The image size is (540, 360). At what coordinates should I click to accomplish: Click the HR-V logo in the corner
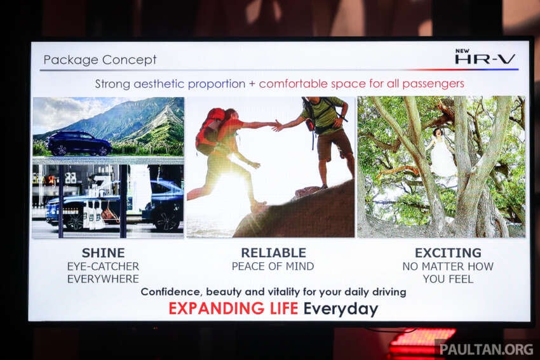pos(485,57)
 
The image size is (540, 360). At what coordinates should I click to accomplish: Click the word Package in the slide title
pos(71,60)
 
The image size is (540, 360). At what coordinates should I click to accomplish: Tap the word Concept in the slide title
pos(129,60)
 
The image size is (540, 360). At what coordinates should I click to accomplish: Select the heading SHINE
pos(104,253)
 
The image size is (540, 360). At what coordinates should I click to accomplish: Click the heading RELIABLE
pos(273,253)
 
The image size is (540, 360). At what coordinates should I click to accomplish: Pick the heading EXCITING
pos(448,253)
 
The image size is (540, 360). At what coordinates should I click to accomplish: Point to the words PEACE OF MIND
pos(273,267)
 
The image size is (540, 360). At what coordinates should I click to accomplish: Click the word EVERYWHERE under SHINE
pos(103,279)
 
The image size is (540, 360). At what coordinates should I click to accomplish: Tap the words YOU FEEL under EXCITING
pos(448,279)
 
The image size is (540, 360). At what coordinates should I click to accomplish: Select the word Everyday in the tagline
pos(341,309)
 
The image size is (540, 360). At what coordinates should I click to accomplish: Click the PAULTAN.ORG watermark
pos(486,349)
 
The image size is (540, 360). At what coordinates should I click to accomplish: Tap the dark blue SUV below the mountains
pos(79,143)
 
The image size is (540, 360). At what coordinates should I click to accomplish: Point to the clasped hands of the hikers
pos(278,126)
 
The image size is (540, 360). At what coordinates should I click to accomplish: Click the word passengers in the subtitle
pos(433,84)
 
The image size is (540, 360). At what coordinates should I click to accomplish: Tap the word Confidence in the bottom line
pos(171,292)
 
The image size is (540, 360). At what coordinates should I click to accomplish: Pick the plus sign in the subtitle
pos(252,84)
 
